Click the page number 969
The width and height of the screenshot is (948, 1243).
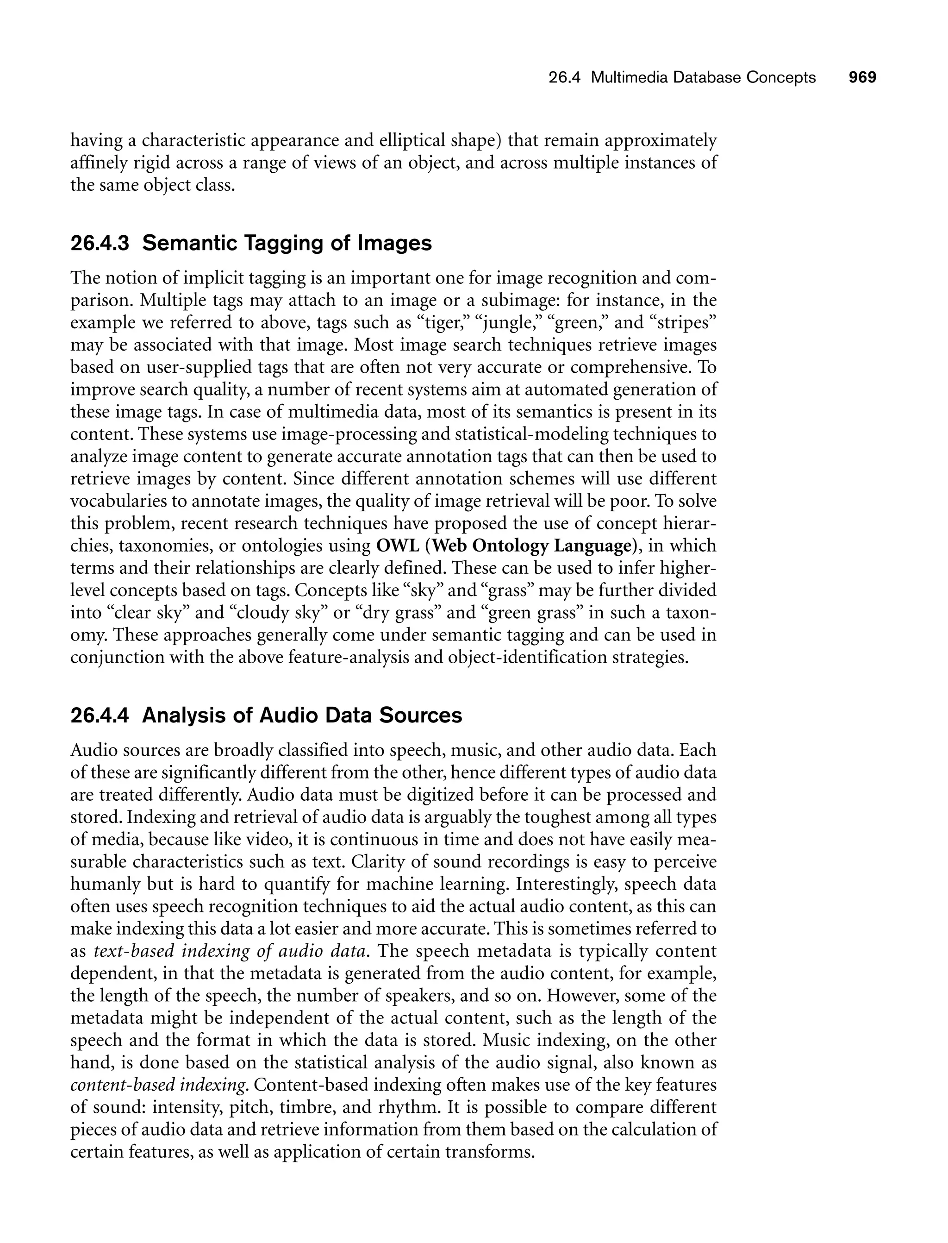coord(862,77)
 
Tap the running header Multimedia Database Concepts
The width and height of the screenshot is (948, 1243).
coord(703,77)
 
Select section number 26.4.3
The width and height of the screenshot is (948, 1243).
coord(100,243)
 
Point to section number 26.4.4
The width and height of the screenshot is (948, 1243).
coord(100,715)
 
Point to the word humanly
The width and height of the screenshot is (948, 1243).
coord(105,884)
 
